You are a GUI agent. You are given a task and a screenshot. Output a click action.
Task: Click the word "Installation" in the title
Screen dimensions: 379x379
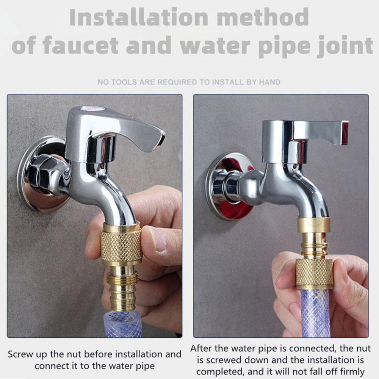[138, 17]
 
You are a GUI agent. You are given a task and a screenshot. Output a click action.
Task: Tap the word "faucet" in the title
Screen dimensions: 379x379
[80, 45]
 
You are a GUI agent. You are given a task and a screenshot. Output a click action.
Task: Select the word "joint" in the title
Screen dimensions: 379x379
[345, 46]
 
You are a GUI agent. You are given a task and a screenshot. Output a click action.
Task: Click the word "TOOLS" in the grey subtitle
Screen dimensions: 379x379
[124, 82]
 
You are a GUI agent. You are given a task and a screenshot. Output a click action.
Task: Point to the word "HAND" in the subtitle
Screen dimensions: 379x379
[270, 82]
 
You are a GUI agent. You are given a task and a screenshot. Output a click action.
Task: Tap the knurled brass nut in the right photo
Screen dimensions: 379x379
[314, 274]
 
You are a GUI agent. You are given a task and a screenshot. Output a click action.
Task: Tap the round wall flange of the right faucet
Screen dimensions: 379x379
[230, 186]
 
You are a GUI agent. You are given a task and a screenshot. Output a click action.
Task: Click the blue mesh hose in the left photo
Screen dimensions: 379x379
[123, 324]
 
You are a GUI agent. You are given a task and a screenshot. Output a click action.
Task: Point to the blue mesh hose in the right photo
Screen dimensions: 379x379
[315, 313]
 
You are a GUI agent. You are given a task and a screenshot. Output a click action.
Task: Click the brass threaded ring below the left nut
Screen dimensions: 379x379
[122, 278]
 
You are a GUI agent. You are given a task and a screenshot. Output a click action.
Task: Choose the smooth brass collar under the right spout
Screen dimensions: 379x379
[314, 225]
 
